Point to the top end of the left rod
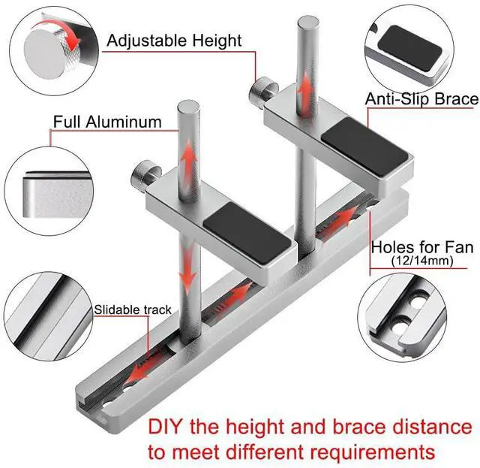tap(187, 106)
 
